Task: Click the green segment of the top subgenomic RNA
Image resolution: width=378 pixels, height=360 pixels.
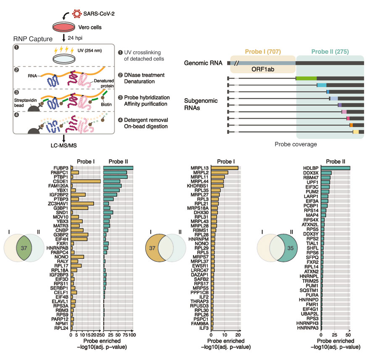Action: click(x=306, y=78)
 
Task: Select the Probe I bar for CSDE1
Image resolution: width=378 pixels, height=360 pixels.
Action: click(x=86, y=181)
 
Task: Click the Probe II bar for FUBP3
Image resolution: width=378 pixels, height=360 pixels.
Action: click(x=118, y=168)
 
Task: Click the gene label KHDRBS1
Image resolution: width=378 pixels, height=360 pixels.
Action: click(x=199, y=185)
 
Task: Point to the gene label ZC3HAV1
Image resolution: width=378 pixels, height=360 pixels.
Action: click(x=58, y=203)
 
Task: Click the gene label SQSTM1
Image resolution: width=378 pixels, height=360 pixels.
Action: click(x=309, y=290)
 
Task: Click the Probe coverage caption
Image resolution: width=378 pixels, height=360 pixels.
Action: click(x=295, y=143)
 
